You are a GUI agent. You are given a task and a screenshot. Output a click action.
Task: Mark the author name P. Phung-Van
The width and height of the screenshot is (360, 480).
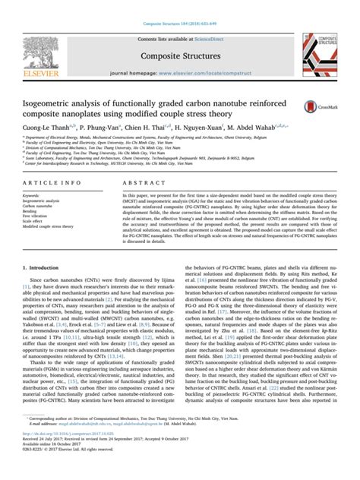tap(99, 128)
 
